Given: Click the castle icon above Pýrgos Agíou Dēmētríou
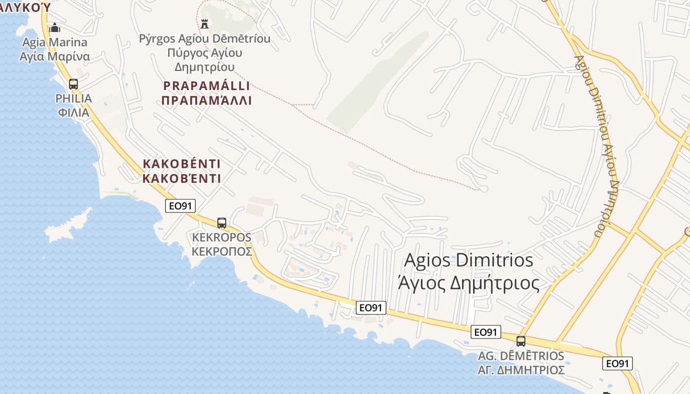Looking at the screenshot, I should (205, 23).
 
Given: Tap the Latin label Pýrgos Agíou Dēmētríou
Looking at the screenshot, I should (205, 38).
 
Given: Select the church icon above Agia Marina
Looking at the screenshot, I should (55, 28).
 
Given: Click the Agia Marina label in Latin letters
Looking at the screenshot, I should (55, 42).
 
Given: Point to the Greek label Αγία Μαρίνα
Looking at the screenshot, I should (55, 56).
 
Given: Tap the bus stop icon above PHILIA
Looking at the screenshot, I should (73, 84).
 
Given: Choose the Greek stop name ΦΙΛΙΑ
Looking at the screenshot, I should (73, 112).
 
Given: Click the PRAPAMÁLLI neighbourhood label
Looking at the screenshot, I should (207, 86).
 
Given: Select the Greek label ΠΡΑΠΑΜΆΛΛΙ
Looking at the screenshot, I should (207, 101).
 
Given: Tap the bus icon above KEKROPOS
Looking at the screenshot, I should (222, 223).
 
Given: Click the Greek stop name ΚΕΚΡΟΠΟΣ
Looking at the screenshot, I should (222, 252).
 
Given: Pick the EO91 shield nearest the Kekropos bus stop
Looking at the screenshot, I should (180, 206).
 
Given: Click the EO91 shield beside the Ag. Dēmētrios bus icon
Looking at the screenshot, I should (485, 332).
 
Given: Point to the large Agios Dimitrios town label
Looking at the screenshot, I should (469, 260).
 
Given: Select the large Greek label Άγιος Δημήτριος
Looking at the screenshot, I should (468, 283).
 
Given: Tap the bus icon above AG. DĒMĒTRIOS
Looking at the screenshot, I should (521, 341).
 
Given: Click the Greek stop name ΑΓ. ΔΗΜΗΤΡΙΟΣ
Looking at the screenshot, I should (521, 370).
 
